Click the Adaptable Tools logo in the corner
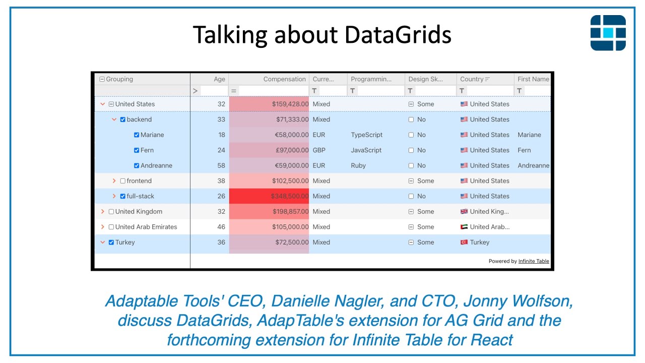click(x=608, y=33)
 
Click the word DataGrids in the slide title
click(x=398, y=35)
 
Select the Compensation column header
click(x=284, y=79)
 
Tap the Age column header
click(x=219, y=79)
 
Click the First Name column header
click(x=533, y=79)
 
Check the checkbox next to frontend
click(x=123, y=181)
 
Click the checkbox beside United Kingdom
click(x=111, y=212)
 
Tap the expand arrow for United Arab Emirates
click(x=103, y=227)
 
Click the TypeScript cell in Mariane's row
click(x=366, y=135)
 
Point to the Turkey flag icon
click(x=464, y=243)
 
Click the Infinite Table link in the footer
click(x=534, y=261)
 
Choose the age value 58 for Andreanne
click(x=221, y=165)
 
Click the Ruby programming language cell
click(x=358, y=165)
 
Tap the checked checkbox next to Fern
click(x=137, y=150)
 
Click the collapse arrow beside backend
click(x=114, y=119)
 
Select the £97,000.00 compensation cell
click(x=290, y=150)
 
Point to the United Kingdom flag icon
click(x=464, y=212)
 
